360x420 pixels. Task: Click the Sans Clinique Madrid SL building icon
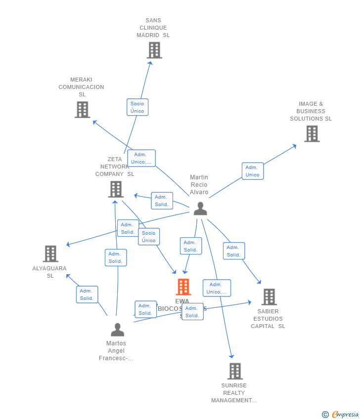154,50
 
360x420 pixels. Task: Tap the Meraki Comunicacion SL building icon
83,110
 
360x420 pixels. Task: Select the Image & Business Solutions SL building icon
312,134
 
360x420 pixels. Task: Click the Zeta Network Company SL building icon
116,189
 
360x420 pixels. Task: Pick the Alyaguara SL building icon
50,254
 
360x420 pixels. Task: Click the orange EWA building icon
183,287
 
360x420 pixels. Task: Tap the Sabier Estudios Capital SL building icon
269,297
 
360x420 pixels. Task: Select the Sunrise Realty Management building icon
235,371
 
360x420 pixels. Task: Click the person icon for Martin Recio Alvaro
200,209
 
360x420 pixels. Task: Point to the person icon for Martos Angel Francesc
117,330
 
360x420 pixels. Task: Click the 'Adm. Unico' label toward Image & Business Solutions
253,171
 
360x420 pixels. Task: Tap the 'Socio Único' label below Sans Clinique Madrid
137,107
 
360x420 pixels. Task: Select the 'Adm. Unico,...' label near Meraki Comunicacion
141,158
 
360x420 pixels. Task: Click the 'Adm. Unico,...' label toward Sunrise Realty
217,288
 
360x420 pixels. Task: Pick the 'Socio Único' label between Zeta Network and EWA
149,237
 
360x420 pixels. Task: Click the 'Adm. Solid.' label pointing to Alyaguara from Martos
87,294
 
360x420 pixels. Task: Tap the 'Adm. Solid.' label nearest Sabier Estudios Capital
234,251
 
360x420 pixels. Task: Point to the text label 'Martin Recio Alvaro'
199,185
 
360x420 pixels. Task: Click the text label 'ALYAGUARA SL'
49,272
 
